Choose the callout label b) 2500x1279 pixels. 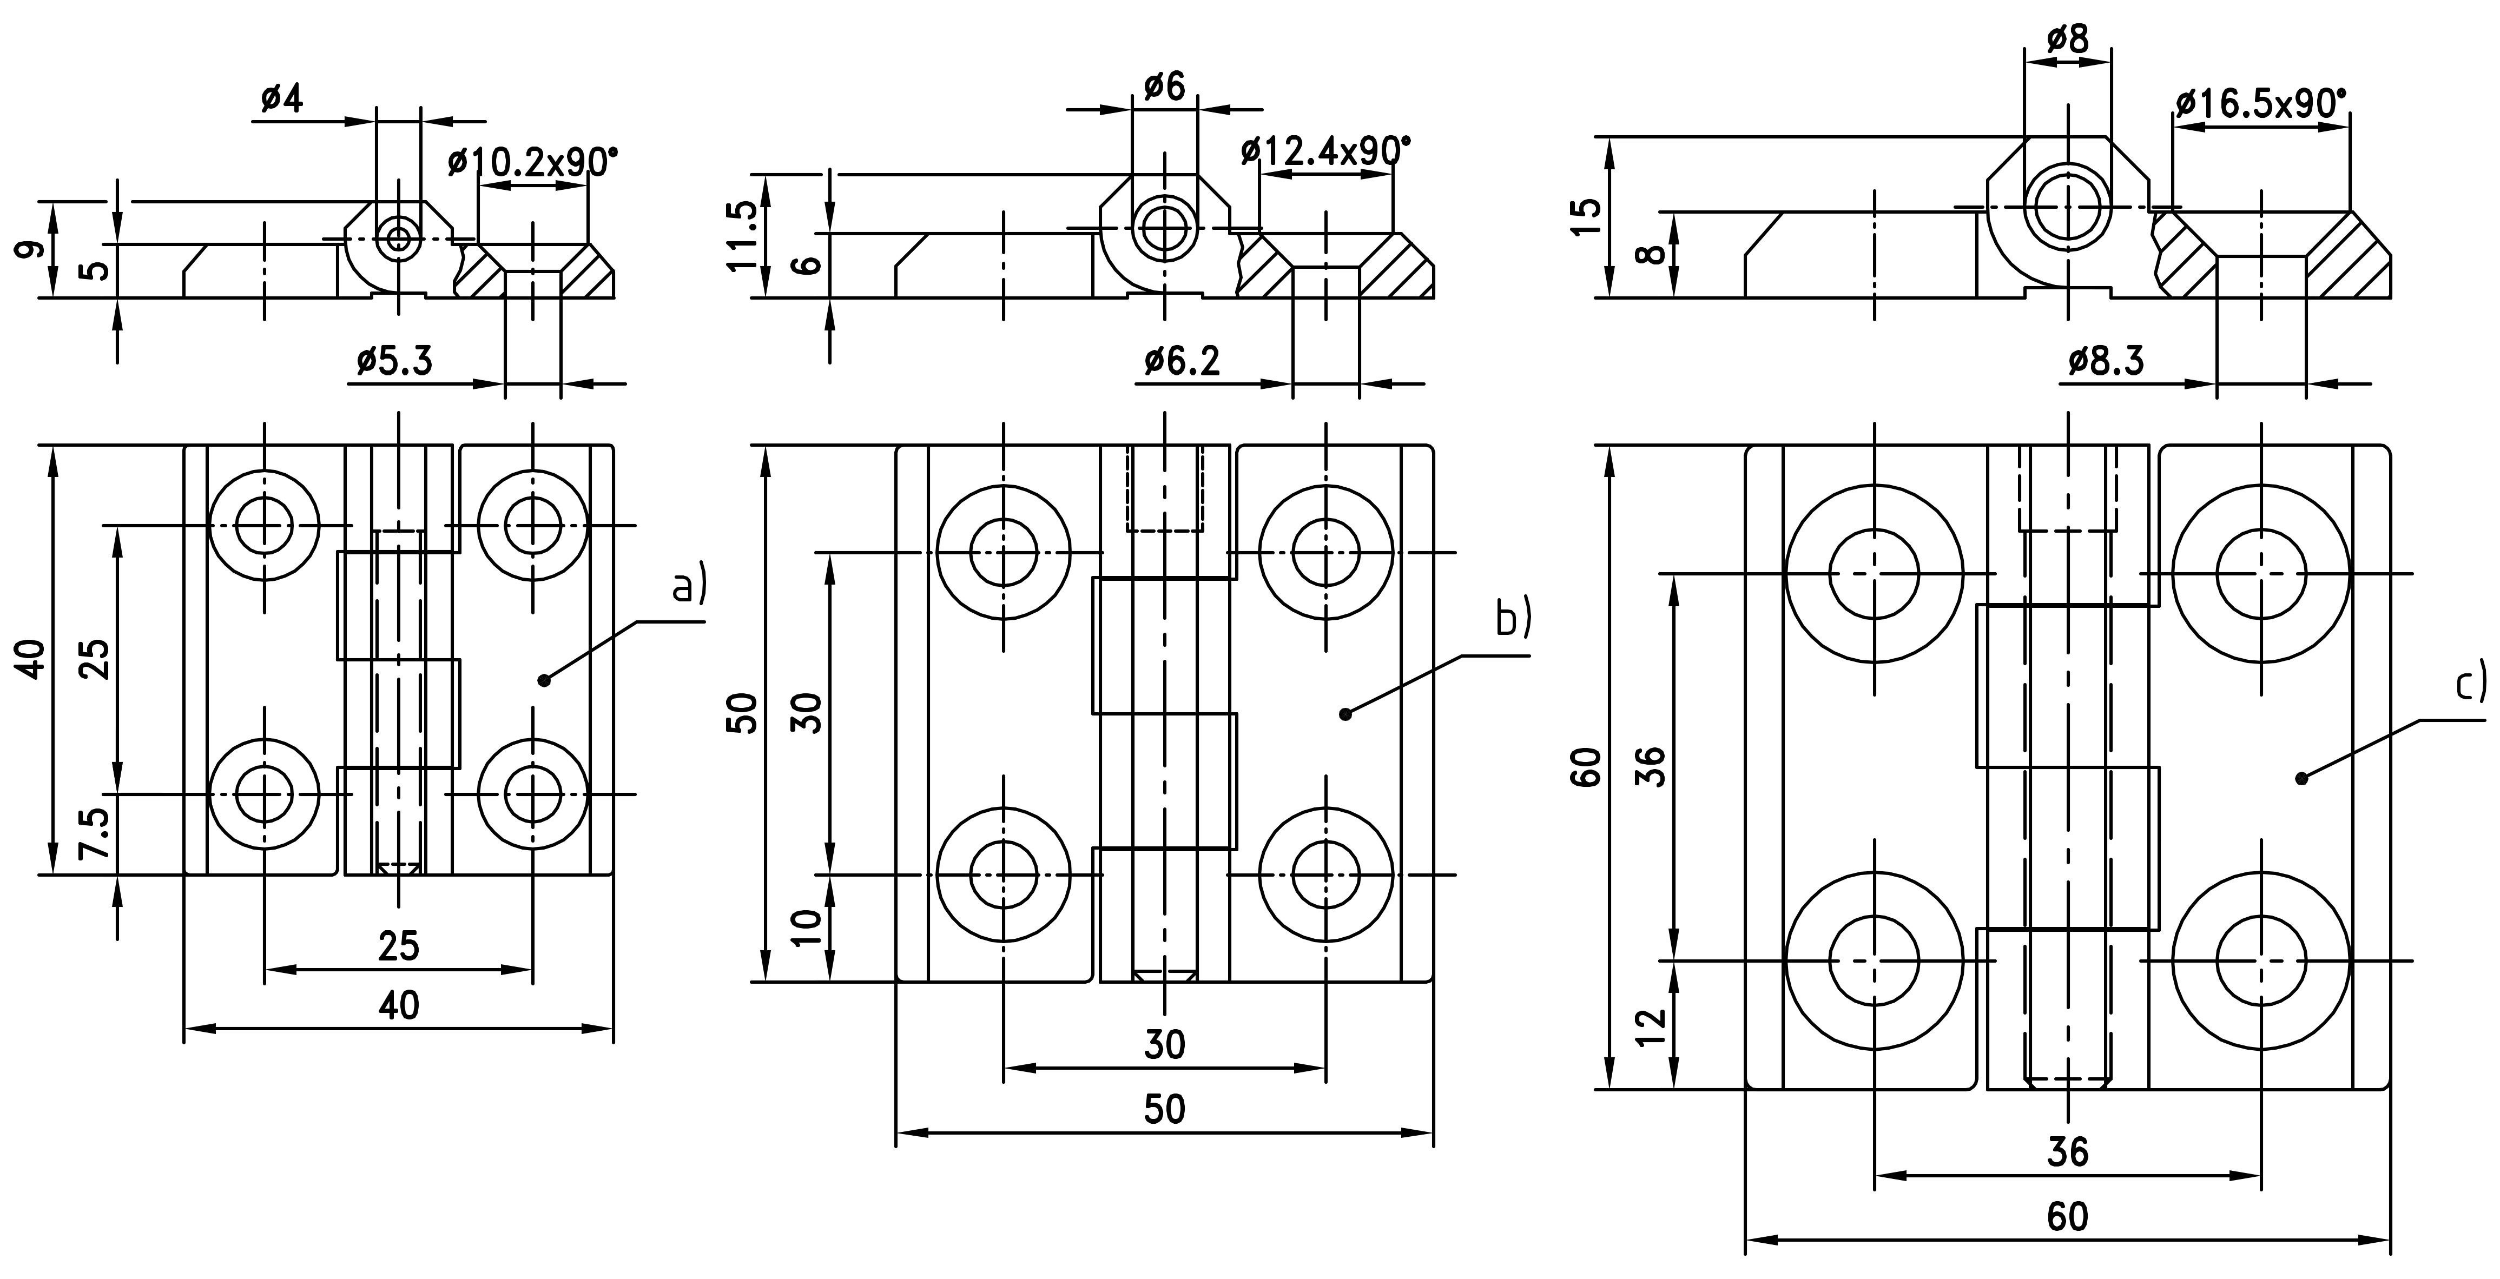click(1513, 619)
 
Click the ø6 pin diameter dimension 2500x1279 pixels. click(1165, 87)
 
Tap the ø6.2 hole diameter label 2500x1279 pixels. click(1182, 361)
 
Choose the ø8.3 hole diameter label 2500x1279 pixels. click(2106, 361)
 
